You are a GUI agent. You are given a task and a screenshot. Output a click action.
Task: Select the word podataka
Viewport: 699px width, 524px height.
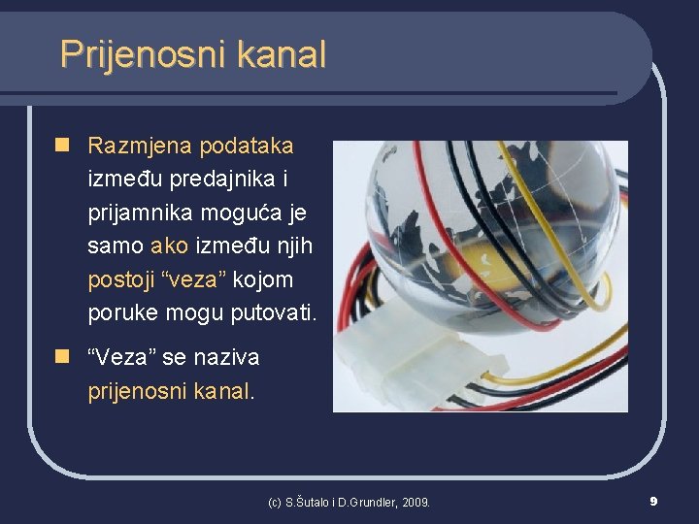[x=246, y=147]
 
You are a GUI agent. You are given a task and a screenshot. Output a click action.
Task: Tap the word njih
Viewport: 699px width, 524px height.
[x=291, y=246]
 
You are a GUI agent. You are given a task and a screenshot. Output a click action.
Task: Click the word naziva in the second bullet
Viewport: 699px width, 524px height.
[x=226, y=358]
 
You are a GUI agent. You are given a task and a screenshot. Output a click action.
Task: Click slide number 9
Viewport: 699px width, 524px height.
[x=653, y=501]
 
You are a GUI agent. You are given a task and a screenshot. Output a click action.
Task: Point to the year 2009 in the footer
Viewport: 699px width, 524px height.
[x=415, y=503]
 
